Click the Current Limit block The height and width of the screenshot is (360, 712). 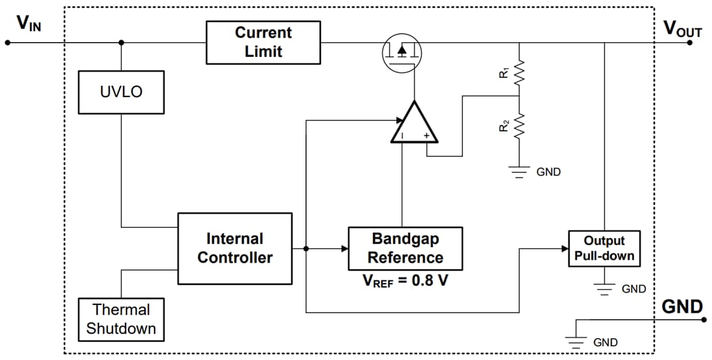click(x=263, y=43)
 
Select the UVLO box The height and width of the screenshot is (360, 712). click(x=121, y=92)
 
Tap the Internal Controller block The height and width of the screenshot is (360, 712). click(x=235, y=249)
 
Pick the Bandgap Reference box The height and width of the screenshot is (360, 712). click(x=405, y=249)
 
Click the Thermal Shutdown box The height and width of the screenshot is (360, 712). click(x=121, y=319)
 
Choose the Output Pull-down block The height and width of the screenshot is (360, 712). click(x=605, y=248)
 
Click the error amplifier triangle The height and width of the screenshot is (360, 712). click(x=414, y=124)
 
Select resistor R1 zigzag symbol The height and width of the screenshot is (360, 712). click(x=519, y=73)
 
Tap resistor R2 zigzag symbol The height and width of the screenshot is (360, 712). click(x=519, y=126)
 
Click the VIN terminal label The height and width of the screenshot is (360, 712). click(x=29, y=24)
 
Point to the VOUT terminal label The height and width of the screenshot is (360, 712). click(x=682, y=28)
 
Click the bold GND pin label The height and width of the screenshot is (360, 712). click(x=682, y=306)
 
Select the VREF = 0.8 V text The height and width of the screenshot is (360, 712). click(x=405, y=282)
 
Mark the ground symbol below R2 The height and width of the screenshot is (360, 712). click(x=519, y=172)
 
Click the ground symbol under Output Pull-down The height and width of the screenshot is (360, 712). click(x=605, y=289)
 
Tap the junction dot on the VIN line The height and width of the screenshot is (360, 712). click(x=121, y=43)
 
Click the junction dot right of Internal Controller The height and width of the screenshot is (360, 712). click(x=306, y=249)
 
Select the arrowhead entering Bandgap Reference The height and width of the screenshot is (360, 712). click(x=344, y=249)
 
